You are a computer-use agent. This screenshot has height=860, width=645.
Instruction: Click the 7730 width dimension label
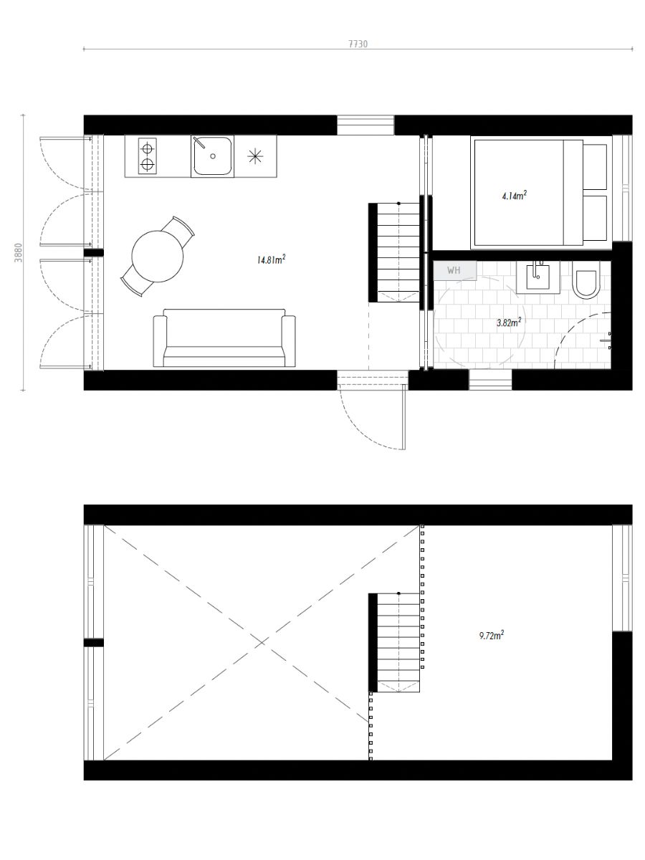pos(358,44)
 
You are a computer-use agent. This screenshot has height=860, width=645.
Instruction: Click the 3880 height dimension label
pos(19,253)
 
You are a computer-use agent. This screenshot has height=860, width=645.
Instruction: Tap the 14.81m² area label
pos(271,259)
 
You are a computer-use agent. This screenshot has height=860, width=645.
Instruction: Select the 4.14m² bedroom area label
pos(514,195)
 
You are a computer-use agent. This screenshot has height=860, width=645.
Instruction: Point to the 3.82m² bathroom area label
pos(509,322)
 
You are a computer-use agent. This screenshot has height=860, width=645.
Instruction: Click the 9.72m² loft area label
pos(491,635)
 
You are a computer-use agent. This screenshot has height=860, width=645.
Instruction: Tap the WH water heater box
pos(454,270)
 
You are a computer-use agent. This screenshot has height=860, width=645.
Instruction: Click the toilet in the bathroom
pos(586,280)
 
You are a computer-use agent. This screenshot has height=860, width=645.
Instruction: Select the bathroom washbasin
pos(538,277)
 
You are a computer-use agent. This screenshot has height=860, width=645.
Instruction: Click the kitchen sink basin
pos(212,156)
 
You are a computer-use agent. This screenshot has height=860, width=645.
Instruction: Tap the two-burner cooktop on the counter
pos(147,156)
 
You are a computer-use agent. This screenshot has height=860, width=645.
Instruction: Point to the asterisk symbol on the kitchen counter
pos(255,156)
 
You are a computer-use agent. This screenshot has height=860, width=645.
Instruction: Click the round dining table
pos(158,257)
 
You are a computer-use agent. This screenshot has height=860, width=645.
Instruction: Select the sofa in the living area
pos(224,338)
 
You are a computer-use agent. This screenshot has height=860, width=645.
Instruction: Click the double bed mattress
pos(519,193)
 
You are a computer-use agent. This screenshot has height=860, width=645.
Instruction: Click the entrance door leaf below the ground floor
pos(403,416)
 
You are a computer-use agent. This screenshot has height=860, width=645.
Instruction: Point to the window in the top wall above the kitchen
pos(365,125)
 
